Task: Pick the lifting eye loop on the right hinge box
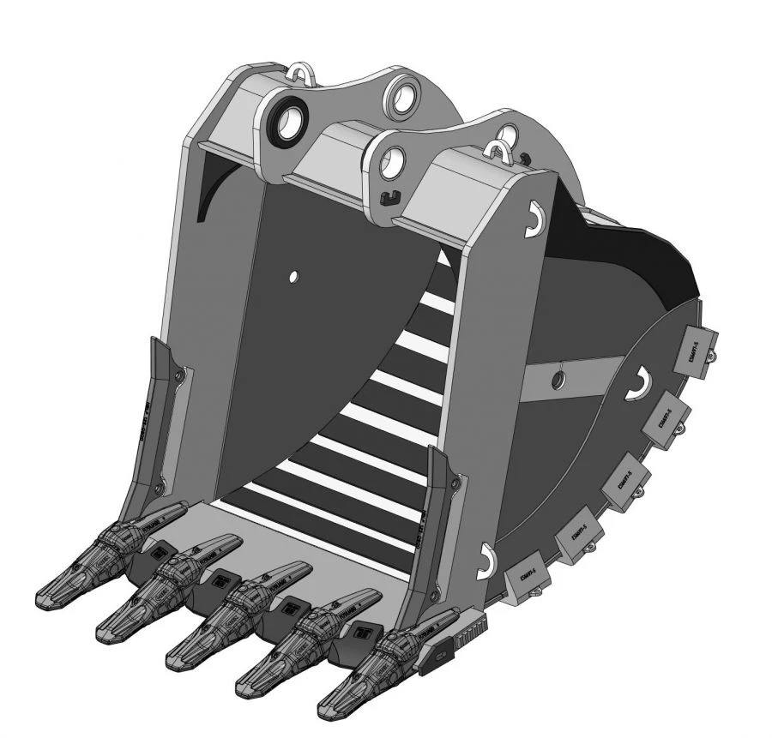(498, 153)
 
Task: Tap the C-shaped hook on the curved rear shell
(639, 383)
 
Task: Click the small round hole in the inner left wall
(293, 276)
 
